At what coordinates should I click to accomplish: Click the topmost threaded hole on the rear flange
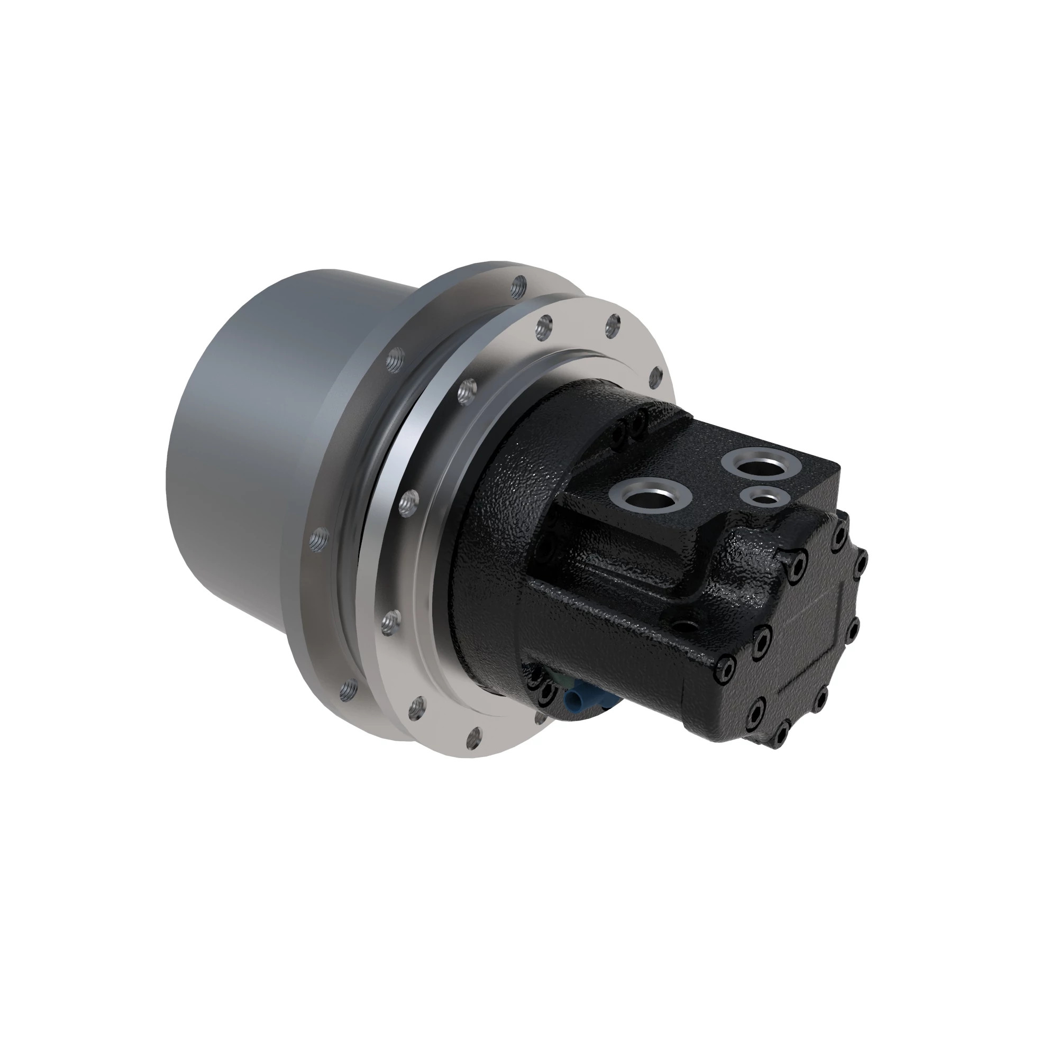pyautogui.click(x=518, y=285)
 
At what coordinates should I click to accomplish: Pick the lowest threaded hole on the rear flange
pyautogui.click(x=346, y=689)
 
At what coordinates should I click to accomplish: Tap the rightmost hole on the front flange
pyautogui.click(x=655, y=376)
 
